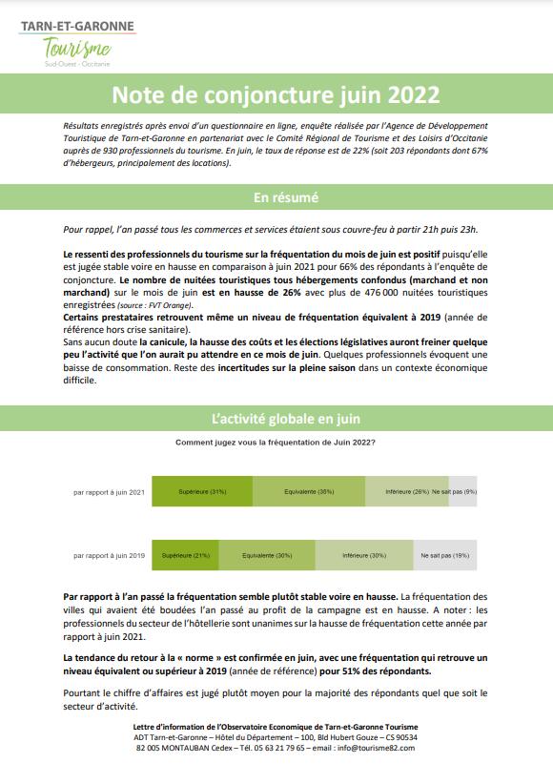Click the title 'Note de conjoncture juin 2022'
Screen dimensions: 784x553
276,94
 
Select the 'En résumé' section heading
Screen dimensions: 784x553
276,197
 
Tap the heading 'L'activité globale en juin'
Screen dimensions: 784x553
276,420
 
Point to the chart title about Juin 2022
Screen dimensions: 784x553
276,443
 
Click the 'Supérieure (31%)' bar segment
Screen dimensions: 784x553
202,491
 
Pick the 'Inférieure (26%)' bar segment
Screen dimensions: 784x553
406,491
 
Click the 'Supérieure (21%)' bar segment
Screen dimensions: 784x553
186,554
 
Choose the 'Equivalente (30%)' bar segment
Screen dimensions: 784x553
267,554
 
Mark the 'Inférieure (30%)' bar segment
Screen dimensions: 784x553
363,554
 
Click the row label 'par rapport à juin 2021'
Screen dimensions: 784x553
109,492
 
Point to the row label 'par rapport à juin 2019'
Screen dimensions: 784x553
109,555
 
